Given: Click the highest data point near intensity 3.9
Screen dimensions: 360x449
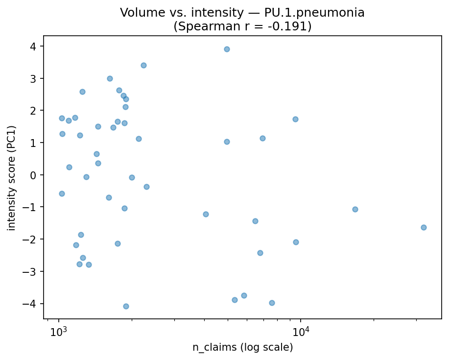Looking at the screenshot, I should [x=227, y=49].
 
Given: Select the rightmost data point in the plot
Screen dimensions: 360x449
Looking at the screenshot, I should [x=424, y=227].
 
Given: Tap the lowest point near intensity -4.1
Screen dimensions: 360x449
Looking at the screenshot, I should [x=126, y=306].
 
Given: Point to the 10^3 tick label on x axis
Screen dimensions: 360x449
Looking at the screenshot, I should [x=58, y=331].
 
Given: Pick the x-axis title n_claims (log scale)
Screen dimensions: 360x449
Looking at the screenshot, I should [x=242, y=348].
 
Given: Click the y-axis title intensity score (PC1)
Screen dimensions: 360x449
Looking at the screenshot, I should [x=12, y=178].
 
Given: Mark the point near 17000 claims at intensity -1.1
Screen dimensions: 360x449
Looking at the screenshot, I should [x=355, y=209].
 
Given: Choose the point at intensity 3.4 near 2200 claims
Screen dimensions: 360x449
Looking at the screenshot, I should [x=143, y=65].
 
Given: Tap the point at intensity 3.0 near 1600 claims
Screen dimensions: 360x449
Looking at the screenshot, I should [x=110, y=78].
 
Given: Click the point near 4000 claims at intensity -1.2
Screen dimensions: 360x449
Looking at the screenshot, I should [x=206, y=214].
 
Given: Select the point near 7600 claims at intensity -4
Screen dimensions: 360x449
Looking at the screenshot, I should [x=272, y=303].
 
